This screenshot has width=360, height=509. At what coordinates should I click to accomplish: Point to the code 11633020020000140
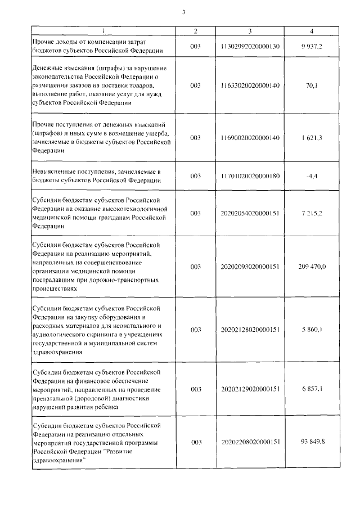click(x=250, y=85)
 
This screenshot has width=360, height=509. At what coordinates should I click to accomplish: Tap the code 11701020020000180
click(x=250, y=176)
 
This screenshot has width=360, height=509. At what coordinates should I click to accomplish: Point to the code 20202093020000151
click(x=250, y=267)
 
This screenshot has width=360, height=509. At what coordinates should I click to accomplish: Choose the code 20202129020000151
click(x=250, y=389)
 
